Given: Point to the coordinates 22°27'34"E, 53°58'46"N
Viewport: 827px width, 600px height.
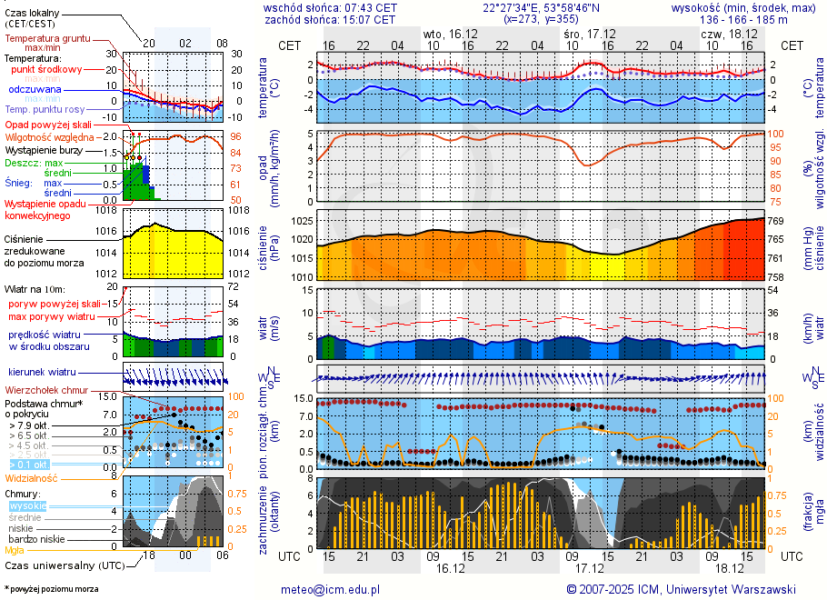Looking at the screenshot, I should coord(540,6).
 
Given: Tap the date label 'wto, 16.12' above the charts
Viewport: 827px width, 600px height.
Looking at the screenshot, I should coord(452,33).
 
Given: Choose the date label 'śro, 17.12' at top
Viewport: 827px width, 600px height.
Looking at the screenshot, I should coord(588,33).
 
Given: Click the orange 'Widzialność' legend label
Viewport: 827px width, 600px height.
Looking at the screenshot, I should coord(32,477).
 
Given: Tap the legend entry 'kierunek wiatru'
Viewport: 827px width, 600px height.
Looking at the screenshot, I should coord(42,373).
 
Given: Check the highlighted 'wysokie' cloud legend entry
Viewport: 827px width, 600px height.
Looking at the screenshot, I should coord(27,505).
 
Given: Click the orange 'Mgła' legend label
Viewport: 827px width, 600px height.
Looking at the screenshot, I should coord(15,550).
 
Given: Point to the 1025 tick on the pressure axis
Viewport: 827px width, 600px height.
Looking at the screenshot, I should coord(304,221).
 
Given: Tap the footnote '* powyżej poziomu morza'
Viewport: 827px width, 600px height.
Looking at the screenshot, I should coord(51,589).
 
